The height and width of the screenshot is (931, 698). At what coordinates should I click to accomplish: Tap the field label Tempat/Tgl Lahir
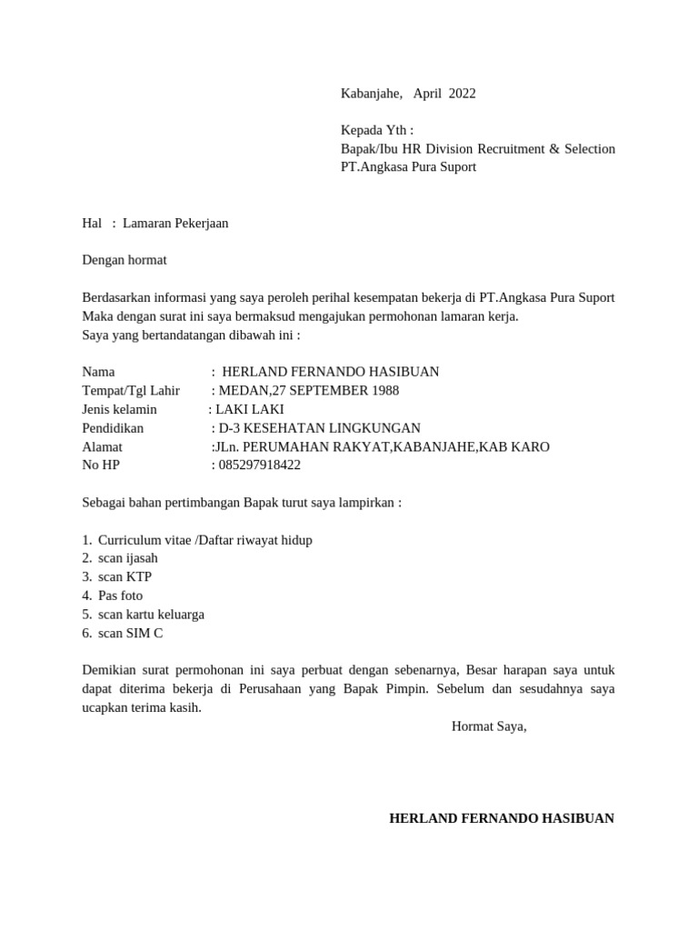tap(131, 390)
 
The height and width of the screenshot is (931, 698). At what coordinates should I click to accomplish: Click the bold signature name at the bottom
tap(502, 818)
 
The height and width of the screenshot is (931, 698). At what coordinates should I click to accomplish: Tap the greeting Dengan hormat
tap(125, 260)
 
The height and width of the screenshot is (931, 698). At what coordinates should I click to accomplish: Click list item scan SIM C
tap(131, 633)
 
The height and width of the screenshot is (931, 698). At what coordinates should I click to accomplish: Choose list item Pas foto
tap(121, 596)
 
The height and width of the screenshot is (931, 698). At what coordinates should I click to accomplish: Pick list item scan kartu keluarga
tap(151, 614)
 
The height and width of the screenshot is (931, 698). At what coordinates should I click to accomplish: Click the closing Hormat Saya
tap(489, 726)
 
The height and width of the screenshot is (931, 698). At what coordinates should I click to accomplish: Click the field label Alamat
tap(102, 446)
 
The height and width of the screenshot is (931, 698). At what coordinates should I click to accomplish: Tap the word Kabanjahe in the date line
tap(371, 93)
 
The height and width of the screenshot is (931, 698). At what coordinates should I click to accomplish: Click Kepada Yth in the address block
tap(375, 130)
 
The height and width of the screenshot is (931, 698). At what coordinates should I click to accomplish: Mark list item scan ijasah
tap(128, 558)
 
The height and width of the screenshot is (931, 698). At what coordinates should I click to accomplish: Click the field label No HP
tap(101, 465)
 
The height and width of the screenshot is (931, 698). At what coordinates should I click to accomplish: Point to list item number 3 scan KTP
tap(125, 576)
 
